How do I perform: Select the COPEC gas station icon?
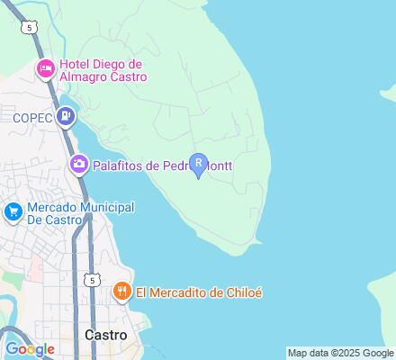point(66,116)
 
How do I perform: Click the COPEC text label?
point(33,117)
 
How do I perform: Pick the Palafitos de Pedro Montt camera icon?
point(79,164)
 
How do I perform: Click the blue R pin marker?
point(199,166)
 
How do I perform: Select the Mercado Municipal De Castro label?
point(81,214)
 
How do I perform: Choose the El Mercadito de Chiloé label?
point(200,292)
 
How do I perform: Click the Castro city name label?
point(105,334)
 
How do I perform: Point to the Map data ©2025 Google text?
point(340,353)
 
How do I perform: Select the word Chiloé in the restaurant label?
point(243,292)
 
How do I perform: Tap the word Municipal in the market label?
point(106,208)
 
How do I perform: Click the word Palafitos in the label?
point(117,165)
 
